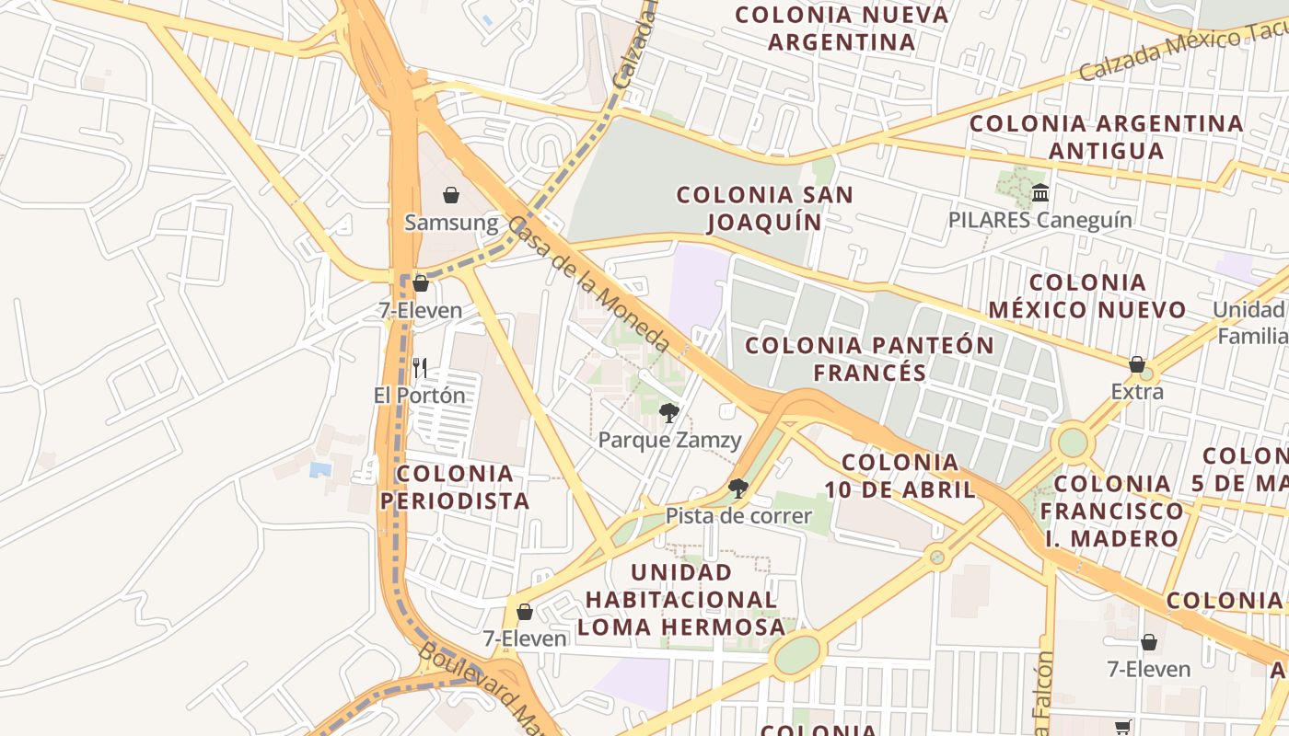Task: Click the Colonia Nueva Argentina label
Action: coord(842,29)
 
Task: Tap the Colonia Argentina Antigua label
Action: coord(1106,136)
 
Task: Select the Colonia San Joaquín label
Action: coord(764,208)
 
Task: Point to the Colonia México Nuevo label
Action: coord(1087,295)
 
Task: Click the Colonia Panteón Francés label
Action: coord(869,359)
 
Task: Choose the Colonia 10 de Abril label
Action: coord(900,476)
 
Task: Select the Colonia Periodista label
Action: coord(455,488)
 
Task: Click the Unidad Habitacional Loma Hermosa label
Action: coord(685,599)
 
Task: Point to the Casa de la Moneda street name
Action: coord(589,284)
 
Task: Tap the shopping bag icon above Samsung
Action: coord(451,195)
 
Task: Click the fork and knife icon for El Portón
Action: coord(420,368)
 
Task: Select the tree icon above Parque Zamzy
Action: coord(669,412)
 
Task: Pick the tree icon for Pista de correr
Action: coord(737,488)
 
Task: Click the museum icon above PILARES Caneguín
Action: coord(1040,193)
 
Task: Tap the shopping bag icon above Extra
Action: coord(1137,364)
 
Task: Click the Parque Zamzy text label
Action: coord(669,440)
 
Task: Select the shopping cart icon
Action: coord(1122,728)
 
